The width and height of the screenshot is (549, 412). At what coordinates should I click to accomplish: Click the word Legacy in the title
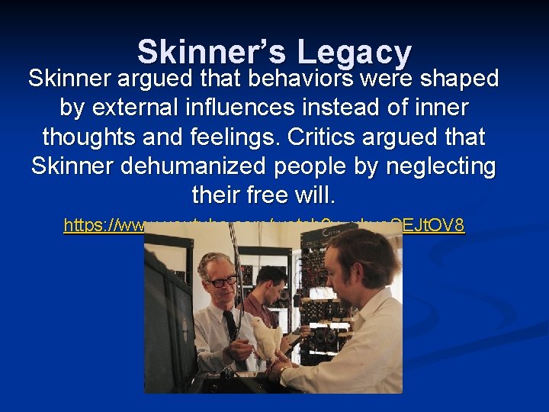click(x=355, y=53)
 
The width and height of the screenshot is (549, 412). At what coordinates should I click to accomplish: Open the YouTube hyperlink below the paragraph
click(x=264, y=225)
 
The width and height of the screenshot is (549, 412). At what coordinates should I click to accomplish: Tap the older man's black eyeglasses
click(x=223, y=281)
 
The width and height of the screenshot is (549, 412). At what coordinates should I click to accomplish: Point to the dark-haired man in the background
click(x=270, y=286)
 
